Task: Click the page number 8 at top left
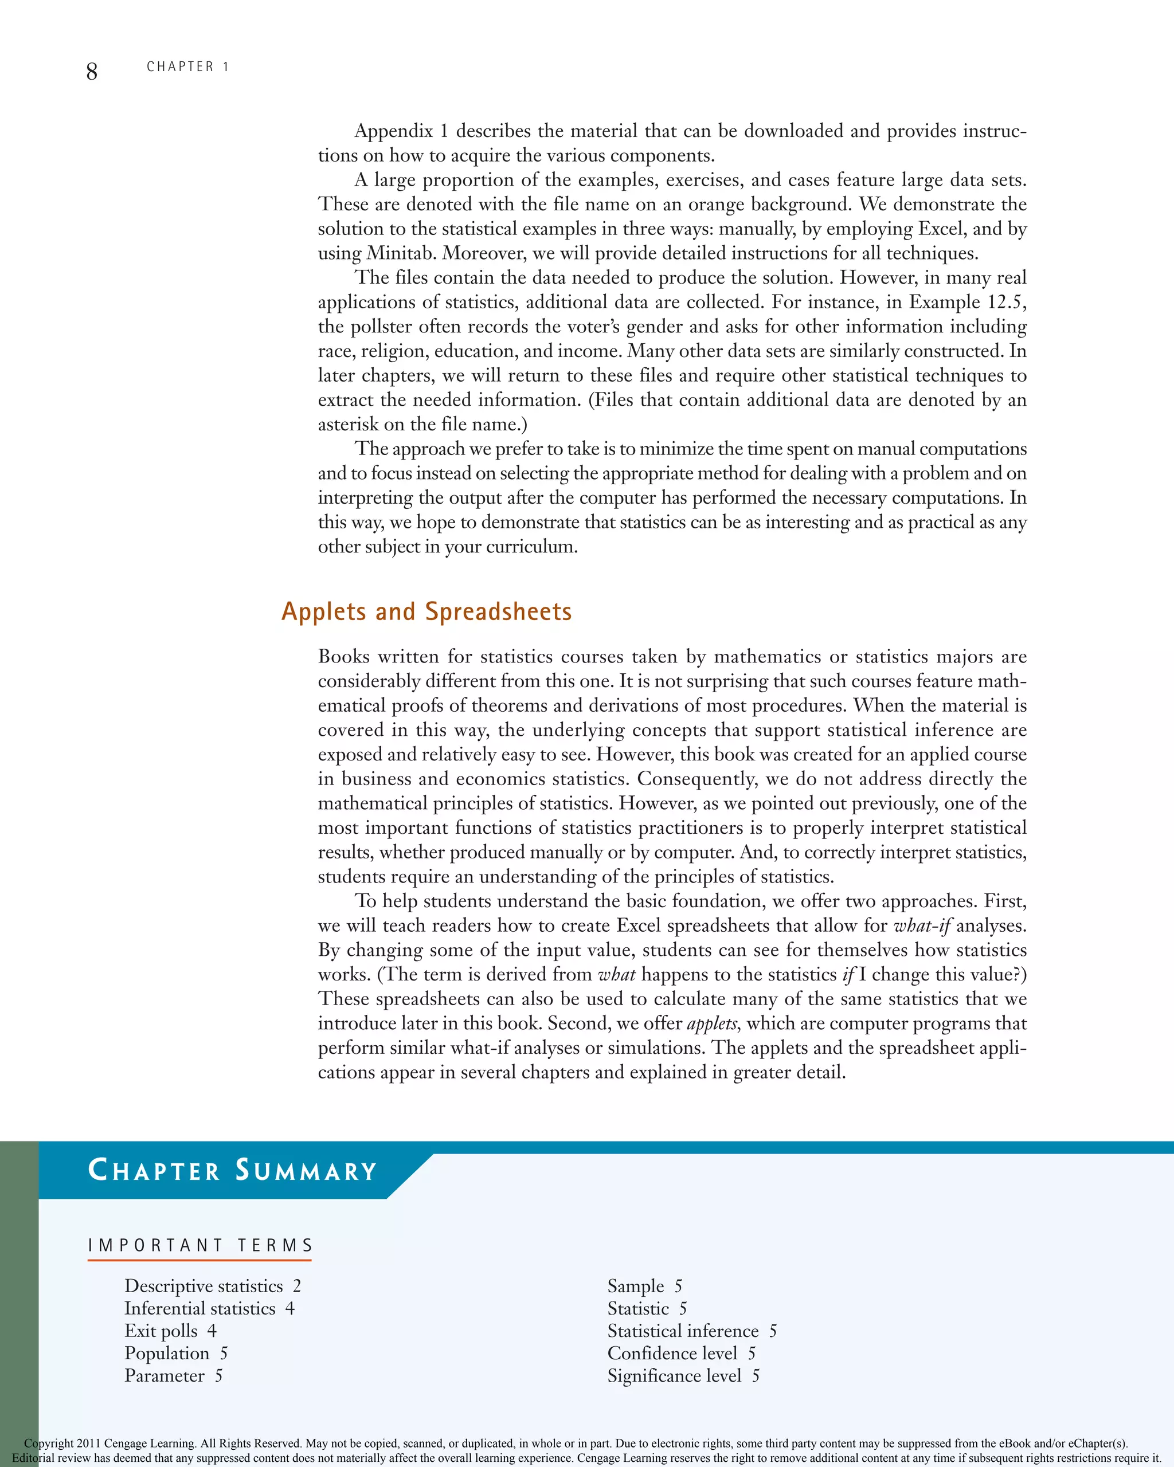pos(92,70)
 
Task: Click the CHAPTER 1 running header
pos(188,66)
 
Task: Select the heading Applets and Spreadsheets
pos(426,611)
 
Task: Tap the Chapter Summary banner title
pos(232,1170)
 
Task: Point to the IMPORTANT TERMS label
pos(200,1245)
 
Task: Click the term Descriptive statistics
pos(204,1286)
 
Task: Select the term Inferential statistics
pos(200,1308)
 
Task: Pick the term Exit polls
pos(161,1331)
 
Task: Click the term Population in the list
pos(167,1354)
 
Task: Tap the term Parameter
pos(165,1376)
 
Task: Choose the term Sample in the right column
pos(636,1286)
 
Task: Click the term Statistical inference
pos(683,1331)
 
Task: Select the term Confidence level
pos(672,1354)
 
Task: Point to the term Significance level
pos(675,1376)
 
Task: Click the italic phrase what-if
pos(922,925)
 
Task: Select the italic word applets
pos(712,1023)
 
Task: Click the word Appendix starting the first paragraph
pos(393,131)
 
